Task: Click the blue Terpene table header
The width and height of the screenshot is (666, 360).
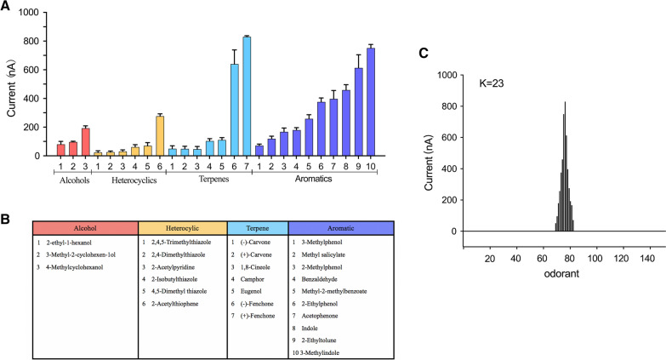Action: [x=258, y=228]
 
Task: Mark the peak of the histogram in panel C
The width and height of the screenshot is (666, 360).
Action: [x=565, y=103]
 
